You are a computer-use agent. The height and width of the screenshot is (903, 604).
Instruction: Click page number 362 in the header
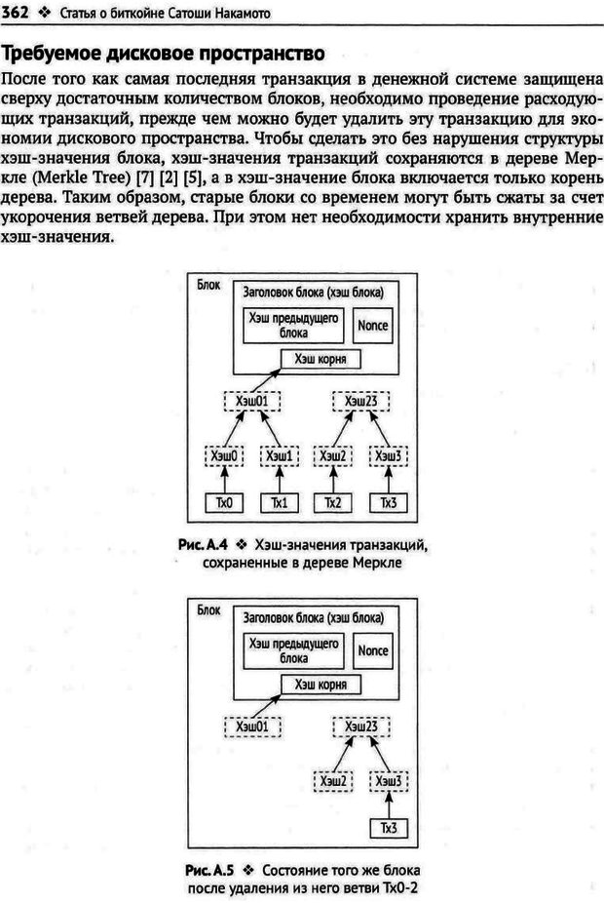[x=17, y=13]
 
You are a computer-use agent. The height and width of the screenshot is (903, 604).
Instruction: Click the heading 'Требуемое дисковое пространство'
[x=165, y=53]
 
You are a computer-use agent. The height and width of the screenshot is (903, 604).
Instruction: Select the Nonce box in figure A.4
[x=372, y=326]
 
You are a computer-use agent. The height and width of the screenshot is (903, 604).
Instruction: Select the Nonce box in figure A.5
[x=372, y=650]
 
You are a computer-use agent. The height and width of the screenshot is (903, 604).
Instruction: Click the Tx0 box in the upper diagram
[x=225, y=503]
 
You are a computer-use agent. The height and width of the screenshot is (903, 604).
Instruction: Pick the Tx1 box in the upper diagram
[x=279, y=503]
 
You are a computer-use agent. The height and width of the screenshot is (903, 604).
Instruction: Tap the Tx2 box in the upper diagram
[x=334, y=503]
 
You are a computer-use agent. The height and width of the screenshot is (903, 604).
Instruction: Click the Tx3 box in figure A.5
[x=388, y=828]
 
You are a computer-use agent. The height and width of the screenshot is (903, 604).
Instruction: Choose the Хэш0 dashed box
[x=225, y=455]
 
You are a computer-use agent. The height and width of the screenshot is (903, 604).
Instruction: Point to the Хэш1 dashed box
[x=279, y=455]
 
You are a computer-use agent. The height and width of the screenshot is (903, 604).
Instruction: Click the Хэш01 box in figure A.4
[x=251, y=401]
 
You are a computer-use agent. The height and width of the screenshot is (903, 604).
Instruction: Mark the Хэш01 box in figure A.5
[x=251, y=726]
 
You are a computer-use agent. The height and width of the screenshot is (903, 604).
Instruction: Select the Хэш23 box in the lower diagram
[x=360, y=726]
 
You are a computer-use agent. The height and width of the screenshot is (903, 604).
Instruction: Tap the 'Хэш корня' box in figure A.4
[x=320, y=360]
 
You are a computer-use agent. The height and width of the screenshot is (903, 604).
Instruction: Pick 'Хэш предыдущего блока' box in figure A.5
[x=293, y=650]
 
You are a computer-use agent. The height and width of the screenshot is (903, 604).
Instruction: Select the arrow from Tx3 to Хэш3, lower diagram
[x=388, y=804]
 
